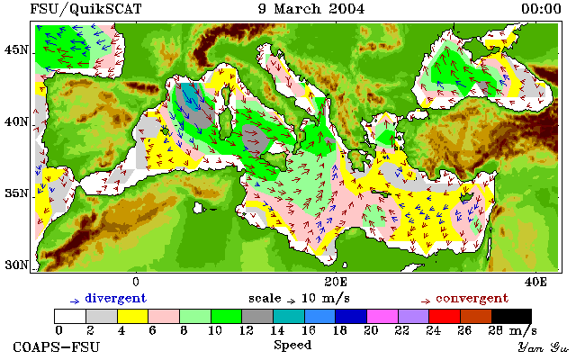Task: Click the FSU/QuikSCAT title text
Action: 85,9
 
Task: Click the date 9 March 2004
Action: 311,9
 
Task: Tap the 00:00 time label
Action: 541,9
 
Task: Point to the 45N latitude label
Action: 16,49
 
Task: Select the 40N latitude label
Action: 16,121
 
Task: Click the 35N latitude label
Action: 16,193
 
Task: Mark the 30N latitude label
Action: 16,265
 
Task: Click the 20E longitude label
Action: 336,282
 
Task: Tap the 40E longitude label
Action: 535,282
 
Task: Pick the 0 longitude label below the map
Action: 136,282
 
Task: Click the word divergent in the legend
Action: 116,299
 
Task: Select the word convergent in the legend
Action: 472,299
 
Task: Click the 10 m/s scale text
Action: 325,299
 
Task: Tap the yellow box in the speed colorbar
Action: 133,316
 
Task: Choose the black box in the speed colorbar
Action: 511,316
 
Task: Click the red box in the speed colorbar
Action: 445,316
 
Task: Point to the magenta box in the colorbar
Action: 382,316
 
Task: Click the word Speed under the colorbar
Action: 292,345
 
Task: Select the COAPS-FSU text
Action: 57,347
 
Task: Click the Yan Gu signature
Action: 543,347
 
